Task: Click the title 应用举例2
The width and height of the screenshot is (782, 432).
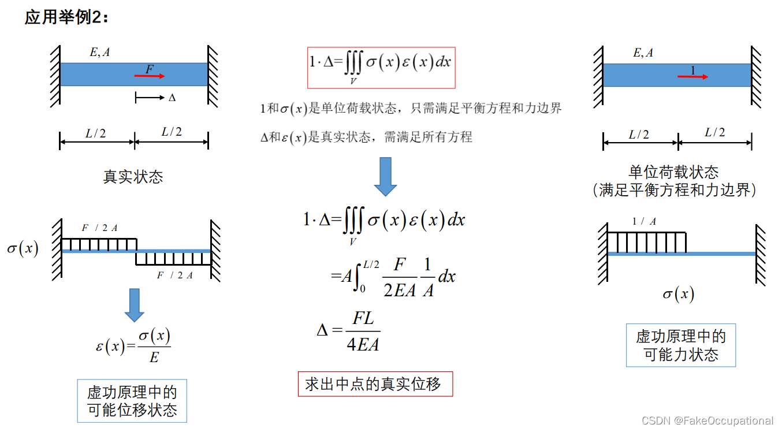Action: [66, 17]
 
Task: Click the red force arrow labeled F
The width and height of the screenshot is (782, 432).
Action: [150, 76]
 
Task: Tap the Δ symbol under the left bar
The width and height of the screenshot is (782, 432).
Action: [172, 98]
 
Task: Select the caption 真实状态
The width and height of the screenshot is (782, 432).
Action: [133, 177]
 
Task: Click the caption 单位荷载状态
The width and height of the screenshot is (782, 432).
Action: [673, 172]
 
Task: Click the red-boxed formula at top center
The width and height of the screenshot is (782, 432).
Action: [381, 68]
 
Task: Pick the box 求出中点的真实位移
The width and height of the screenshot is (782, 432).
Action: [375, 384]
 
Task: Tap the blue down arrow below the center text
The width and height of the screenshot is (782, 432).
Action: [385, 176]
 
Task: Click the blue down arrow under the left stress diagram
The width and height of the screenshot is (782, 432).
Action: [135, 304]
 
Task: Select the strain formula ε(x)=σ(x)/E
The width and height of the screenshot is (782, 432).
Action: [133, 346]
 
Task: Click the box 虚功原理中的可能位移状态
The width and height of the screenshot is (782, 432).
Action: [132, 401]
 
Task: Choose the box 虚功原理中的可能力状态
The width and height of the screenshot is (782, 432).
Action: [681, 345]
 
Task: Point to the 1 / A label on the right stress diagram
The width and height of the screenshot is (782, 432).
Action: [644, 221]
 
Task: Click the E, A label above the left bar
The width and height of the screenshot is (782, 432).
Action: [99, 53]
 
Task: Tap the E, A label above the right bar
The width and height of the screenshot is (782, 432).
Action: [643, 53]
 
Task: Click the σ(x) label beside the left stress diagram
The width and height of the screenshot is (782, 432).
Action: [23, 249]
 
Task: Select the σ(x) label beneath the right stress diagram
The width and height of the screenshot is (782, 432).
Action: [678, 295]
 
